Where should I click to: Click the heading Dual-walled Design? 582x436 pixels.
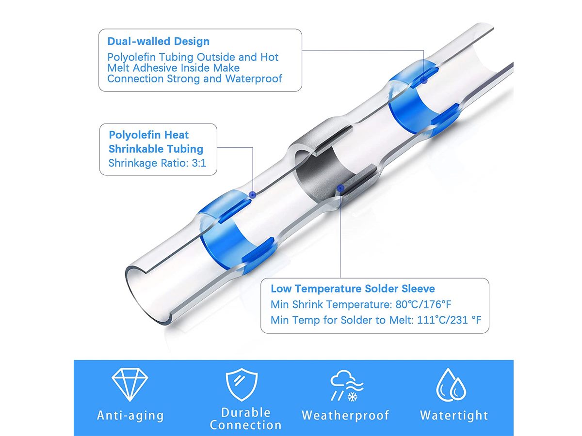coord(158,41)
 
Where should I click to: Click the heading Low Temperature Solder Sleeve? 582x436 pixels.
coord(353,289)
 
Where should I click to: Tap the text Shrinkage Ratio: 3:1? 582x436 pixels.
coord(157,163)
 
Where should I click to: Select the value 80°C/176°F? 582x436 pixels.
coord(423,304)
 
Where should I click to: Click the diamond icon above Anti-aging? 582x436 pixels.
coord(129,384)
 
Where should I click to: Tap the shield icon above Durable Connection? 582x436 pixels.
coord(242,384)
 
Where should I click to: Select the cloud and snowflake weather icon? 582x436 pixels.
coord(347,385)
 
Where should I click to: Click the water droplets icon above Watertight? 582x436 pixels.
coord(451,385)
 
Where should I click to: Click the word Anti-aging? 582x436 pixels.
coord(130,416)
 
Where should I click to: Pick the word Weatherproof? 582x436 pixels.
coord(345,415)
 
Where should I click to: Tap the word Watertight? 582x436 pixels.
coord(454,415)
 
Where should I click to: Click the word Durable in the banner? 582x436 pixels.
coord(245,413)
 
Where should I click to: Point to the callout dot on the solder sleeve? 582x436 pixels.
coord(340,188)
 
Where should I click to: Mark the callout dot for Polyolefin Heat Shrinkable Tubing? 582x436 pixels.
coord(253,195)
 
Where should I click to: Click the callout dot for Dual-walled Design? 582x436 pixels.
coord(424,79)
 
